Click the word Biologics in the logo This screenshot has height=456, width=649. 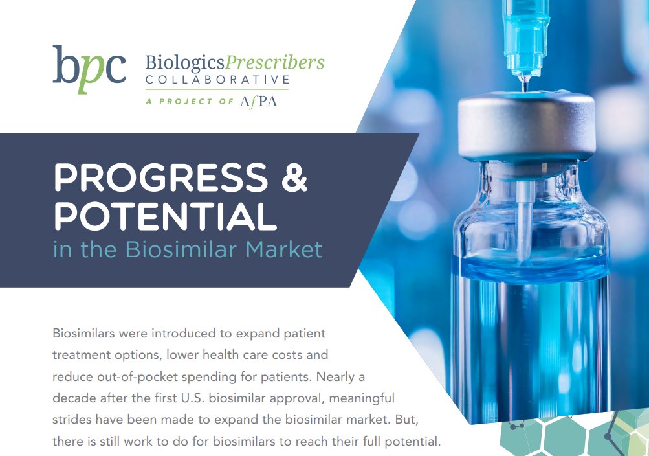pyautogui.click(x=184, y=63)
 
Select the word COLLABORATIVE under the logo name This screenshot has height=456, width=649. pyautogui.click(x=217, y=80)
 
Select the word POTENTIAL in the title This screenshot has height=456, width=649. pyautogui.click(x=165, y=216)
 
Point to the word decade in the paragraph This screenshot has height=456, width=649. pyautogui.click(x=74, y=398)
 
